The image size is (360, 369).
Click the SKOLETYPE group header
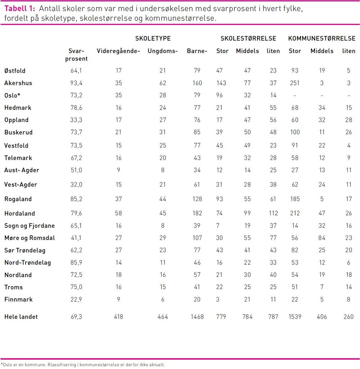click(x=153, y=39)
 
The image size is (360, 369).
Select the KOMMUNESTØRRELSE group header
click(x=322, y=39)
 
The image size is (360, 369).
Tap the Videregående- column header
click(x=118, y=51)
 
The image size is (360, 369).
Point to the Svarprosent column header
click(x=76, y=55)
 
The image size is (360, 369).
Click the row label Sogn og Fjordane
click(x=30, y=226)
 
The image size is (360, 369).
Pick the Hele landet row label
click(x=21, y=317)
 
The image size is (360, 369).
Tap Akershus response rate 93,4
click(x=76, y=83)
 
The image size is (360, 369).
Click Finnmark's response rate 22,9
click(x=76, y=299)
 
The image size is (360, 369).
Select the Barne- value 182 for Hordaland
click(x=197, y=214)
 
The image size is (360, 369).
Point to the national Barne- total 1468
click(x=197, y=317)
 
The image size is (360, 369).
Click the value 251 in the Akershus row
click(x=295, y=83)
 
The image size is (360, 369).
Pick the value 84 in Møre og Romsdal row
click(x=322, y=238)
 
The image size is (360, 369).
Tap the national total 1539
click(x=295, y=317)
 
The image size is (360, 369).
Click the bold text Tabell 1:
click(x=19, y=9)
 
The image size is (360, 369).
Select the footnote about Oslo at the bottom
click(x=83, y=364)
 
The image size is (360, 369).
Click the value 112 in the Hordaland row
click(x=273, y=214)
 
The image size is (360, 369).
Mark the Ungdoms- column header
click(x=163, y=51)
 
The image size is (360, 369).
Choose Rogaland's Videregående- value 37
click(x=118, y=199)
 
